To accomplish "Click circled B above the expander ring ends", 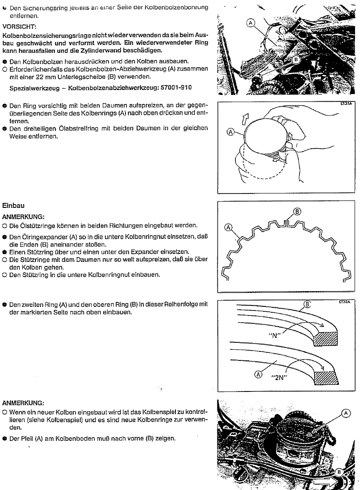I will (297, 211).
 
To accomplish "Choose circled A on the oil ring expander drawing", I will (228, 228).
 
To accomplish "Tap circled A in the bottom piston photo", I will (346, 412).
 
